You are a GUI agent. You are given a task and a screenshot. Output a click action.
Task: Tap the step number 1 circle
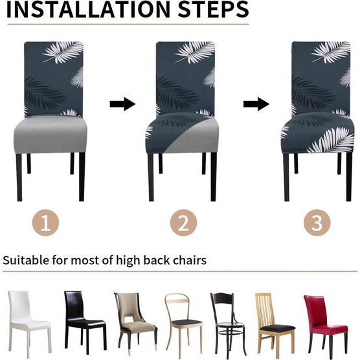click(45, 223)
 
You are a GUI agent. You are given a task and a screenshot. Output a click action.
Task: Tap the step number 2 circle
click(183, 223)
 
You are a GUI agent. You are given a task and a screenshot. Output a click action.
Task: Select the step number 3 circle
click(317, 223)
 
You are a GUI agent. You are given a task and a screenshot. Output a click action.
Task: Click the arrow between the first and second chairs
click(122, 104)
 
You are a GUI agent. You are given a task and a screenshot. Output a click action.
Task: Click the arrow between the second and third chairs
click(256, 104)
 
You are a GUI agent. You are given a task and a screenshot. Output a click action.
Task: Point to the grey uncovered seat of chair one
click(51, 133)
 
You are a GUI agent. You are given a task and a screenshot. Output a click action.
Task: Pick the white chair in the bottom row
click(27, 321)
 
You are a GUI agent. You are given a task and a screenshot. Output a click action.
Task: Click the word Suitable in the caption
click(26, 261)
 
